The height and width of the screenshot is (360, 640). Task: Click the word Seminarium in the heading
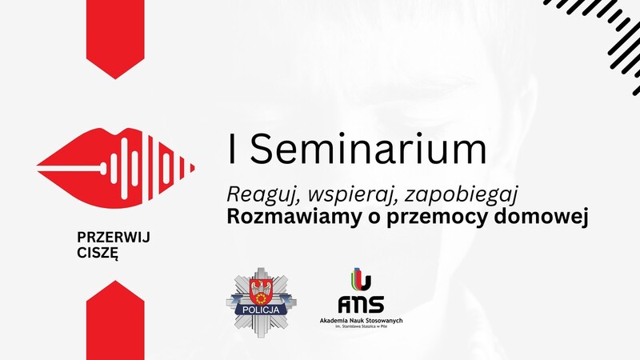click(x=368, y=149)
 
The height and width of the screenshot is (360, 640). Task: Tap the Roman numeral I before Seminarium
click(x=232, y=149)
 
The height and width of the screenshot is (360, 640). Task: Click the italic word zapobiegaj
click(x=462, y=194)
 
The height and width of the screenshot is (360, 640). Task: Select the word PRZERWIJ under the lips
click(x=114, y=237)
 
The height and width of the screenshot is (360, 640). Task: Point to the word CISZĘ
click(x=98, y=253)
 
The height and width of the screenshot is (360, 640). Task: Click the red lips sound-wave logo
click(x=115, y=168)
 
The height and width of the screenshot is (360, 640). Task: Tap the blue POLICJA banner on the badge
click(x=261, y=310)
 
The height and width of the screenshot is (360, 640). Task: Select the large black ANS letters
click(x=361, y=304)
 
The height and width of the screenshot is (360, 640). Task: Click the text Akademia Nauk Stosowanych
click(x=361, y=321)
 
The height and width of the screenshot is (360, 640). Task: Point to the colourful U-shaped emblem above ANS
click(x=361, y=279)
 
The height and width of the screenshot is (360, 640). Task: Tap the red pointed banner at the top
click(x=115, y=39)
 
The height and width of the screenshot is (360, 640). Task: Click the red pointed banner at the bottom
click(x=115, y=321)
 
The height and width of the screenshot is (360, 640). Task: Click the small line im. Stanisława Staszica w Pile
click(x=361, y=327)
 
